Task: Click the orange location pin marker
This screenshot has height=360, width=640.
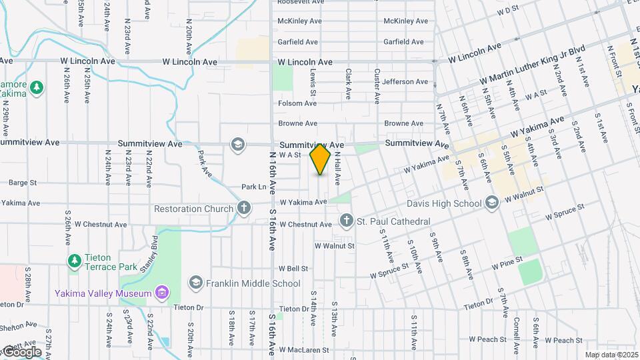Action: click(321, 159)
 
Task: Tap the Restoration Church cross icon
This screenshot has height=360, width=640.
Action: click(244, 208)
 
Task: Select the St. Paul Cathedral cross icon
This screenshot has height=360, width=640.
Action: click(347, 221)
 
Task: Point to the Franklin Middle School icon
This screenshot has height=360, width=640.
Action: click(196, 283)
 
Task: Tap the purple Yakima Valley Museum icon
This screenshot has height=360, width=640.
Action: click(161, 292)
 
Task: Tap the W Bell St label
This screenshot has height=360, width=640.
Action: click(293, 269)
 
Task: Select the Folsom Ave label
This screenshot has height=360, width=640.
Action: click(297, 103)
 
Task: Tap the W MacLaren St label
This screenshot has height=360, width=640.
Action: click(304, 349)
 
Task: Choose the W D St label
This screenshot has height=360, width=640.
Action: click(508, 11)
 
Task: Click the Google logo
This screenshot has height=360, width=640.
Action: click(21, 351)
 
